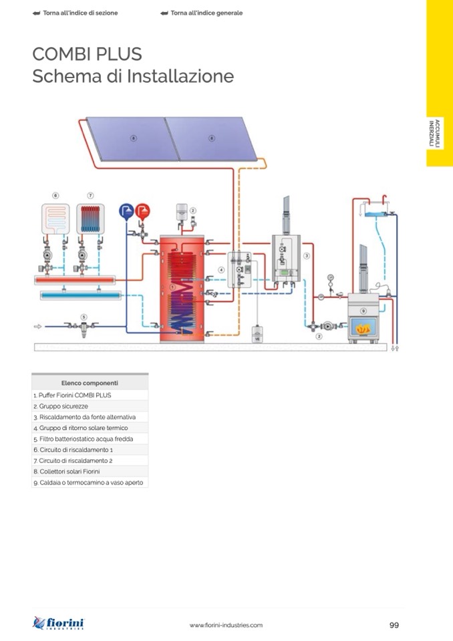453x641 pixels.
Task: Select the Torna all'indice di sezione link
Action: (x=75, y=13)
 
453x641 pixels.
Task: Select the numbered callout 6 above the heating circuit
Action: (x=55, y=195)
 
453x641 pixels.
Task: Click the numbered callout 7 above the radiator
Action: (x=90, y=195)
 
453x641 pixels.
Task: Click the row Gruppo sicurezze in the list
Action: (x=90, y=406)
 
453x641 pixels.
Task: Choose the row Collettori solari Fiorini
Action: (x=90, y=471)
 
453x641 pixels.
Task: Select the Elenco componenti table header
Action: (x=90, y=383)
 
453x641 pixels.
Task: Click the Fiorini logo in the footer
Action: (x=59, y=624)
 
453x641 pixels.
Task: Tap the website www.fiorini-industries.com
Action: (x=226, y=625)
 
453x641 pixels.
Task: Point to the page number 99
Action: (x=394, y=625)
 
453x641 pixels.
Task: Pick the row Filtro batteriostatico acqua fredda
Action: (x=90, y=438)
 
